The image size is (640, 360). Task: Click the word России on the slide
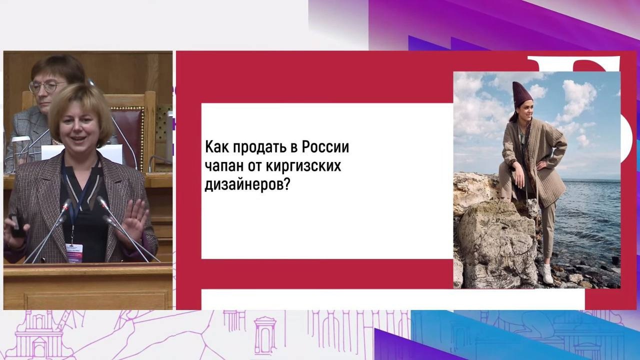325,147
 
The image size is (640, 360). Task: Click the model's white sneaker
546,273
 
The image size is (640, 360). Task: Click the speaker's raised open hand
135,219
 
